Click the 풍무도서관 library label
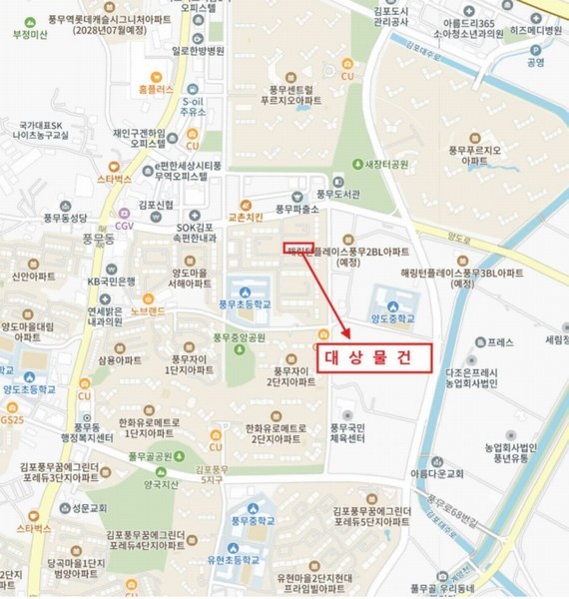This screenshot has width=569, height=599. [336, 194]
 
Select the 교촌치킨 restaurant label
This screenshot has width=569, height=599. [246, 216]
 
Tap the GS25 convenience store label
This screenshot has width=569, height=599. [12, 420]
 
